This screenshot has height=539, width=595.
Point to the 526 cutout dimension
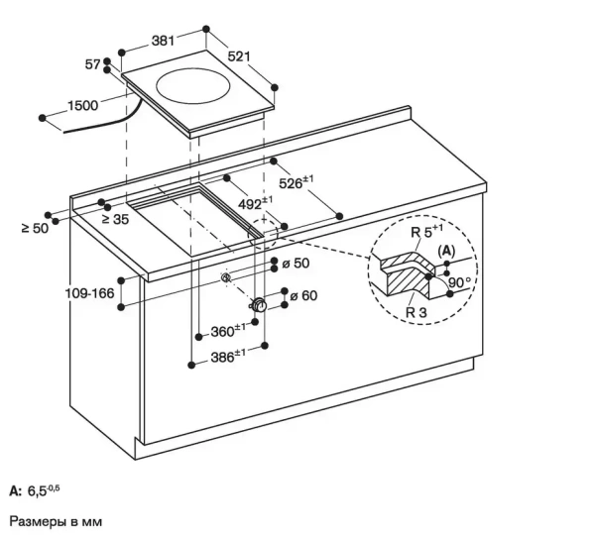(x=295, y=181)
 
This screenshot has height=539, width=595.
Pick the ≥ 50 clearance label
(x=34, y=229)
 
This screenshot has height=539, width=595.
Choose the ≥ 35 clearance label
(x=115, y=218)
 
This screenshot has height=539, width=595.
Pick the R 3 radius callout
(x=416, y=311)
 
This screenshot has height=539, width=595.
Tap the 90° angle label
(x=460, y=282)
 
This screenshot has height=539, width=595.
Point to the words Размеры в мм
(x=56, y=519)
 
